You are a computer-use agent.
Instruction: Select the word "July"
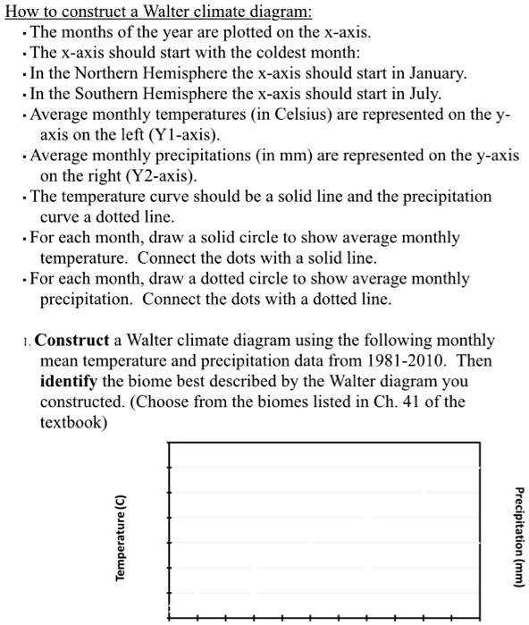click(x=417, y=93)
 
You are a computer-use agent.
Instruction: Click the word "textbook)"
click(x=73, y=422)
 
